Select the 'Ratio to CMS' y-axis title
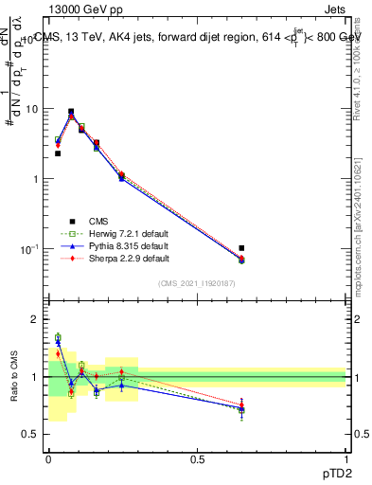click(x=13, y=378)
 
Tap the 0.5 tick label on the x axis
click(x=198, y=458)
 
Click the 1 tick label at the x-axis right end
click(x=346, y=458)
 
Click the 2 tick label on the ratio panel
click(x=35, y=320)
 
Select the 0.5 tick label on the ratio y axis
click(x=31, y=434)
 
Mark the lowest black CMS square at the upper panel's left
click(x=58, y=153)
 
